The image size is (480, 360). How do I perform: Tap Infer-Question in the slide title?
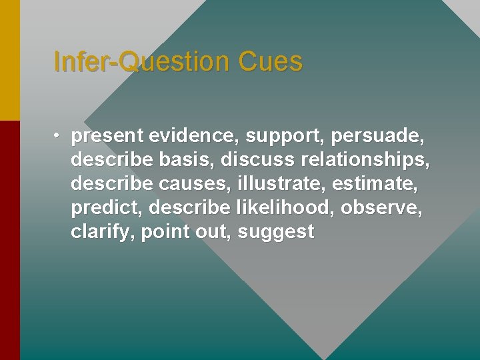click(140, 62)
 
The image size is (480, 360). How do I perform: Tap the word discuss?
click(258, 160)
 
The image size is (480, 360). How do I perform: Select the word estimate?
click(380, 184)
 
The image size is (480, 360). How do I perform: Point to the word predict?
click(107, 208)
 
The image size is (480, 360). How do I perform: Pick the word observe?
click(381, 208)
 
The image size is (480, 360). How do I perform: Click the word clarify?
click(103, 232)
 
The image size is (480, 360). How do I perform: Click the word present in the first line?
click(107, 137)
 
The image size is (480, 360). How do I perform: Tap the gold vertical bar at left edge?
click(9, 60)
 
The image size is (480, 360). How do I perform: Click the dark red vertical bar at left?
click(9, 240)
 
